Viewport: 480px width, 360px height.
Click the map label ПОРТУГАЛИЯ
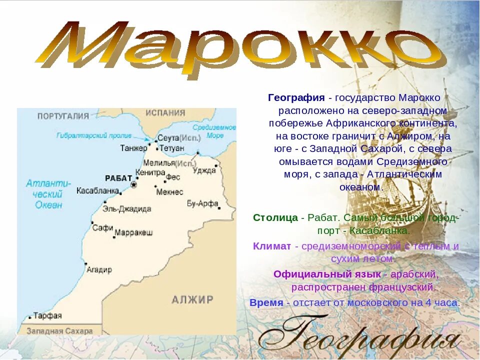pyautogui.click(x=63, y=116)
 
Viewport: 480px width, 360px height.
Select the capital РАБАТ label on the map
pyautogui.click(x=118, y=178)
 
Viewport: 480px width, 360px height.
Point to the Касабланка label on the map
pyautogui.click(x=97, y=190)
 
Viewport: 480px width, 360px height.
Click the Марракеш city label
pyautogui.click(x=133, y=232)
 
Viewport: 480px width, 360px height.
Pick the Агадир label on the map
pyautogui.click(x=99, y=269)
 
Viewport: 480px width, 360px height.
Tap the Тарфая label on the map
pyautogui.click(x=48, y=315)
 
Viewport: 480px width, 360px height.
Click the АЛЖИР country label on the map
pyautogui.click(x=192, y=300)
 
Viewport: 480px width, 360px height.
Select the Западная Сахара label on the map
pyautogui.click(x=59, y=331)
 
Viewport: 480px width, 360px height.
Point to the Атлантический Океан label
pyautogui.click(x=48, y=194)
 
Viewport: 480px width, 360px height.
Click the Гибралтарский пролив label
pyautogui.click(x=94, y=135)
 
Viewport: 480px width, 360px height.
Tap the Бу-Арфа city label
pyautogui.click(x=202, y=203)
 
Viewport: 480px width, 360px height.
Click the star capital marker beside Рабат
pyautogui.click(x=133, y=185)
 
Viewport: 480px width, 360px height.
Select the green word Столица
pyautogui.click(x=275, y=218)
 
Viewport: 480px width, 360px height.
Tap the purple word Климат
pyautogui.click(x=271, y=246)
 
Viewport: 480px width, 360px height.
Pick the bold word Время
pyautogui.click(x=266, y=302)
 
